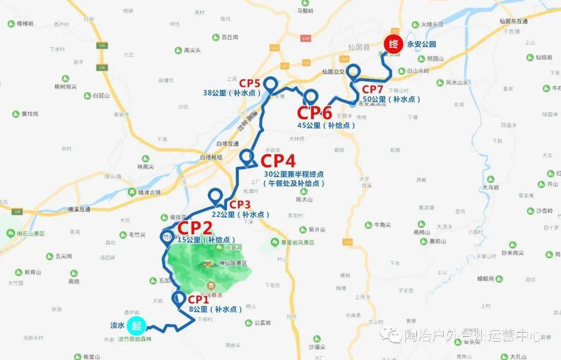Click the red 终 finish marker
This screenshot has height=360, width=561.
(x=393, y=44)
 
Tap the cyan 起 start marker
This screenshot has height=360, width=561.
(x=137, y=326)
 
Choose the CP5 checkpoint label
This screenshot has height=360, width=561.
(x=249, y=83)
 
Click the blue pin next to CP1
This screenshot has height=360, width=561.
(x=178, y=299)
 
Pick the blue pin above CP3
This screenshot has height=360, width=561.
(x=215, y=197)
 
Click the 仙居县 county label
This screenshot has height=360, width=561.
(x=359, y=47)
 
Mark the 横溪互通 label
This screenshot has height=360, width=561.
(x=79, y=209)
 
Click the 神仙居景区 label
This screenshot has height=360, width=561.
(x=232, y=263)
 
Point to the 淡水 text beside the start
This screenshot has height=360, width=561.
(x=117, y=326)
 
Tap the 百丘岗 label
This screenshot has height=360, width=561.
(x=229, y=37)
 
